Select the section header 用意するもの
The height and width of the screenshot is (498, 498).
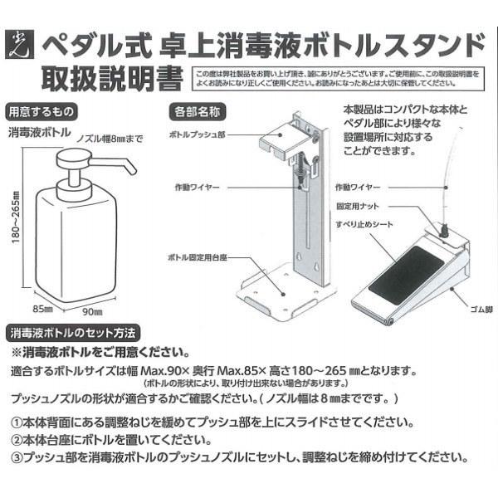(41, 110)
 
